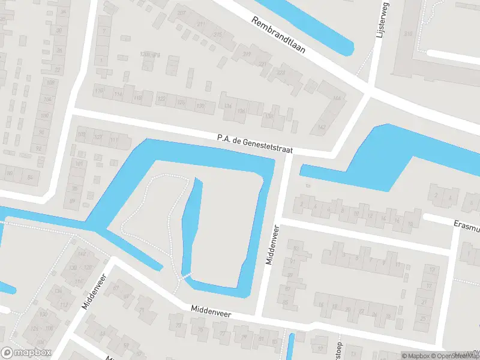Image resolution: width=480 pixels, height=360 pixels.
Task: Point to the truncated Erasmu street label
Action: pyautogui.click(x=466, y=226)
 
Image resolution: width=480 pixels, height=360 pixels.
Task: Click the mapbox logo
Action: pyautogui.click(x=26, y=353)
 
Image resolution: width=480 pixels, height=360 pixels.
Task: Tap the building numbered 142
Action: pyautogui.click(x=322, y=127)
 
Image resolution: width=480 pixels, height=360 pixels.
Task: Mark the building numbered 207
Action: pyautogui.click(x=181, y=13)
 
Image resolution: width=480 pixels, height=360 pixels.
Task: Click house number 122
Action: pyautogui.click(x=161, y=98)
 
